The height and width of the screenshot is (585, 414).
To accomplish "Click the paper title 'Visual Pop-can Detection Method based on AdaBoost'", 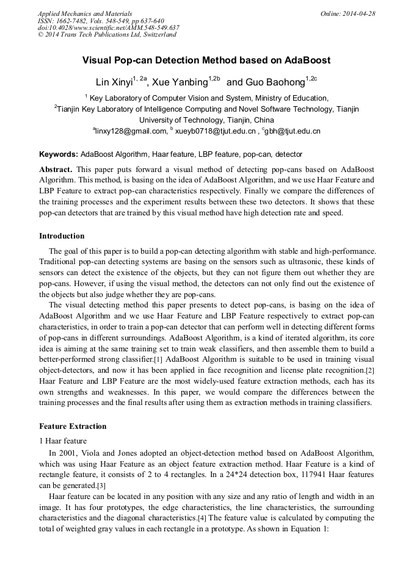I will tap(206, 60).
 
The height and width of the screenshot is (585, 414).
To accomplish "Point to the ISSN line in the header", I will tap(101, 21).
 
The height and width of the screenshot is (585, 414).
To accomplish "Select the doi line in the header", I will tap(108, 27).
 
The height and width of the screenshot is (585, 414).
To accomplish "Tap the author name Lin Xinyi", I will tap(114, 82).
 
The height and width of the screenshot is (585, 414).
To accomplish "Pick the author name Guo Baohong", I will tap(275, 82).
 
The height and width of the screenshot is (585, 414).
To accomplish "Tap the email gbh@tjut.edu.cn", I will tap(292, 131).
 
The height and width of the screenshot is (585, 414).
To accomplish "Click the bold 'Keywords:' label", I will tap(59, 154).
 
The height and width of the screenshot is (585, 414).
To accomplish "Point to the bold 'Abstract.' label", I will tap(56, 168).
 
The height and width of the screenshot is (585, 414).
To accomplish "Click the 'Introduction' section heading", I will tap(62, 236).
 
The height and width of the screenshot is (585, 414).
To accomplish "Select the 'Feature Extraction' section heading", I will tap(73, 426).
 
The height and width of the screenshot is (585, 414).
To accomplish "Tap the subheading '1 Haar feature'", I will tap(63, 440).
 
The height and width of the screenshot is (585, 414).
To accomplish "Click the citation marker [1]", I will tap(158, 360).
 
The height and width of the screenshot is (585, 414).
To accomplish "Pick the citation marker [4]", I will tap(202, 518).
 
